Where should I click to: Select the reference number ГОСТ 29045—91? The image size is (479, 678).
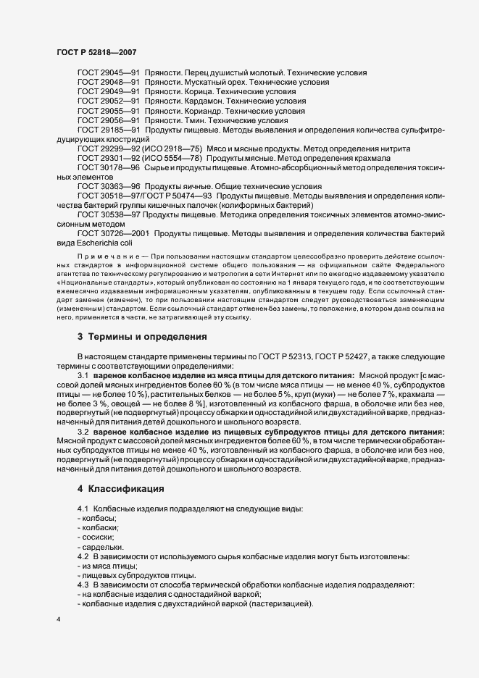click(108, 73)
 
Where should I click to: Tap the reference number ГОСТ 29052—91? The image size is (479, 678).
click(108, 101)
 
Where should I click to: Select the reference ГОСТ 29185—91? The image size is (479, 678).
click(108, 130)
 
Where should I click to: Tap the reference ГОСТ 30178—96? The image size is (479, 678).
click(108, 167)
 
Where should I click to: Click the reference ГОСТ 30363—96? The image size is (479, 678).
click(108, 186)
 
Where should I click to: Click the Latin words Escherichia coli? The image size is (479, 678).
click(106, 243)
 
